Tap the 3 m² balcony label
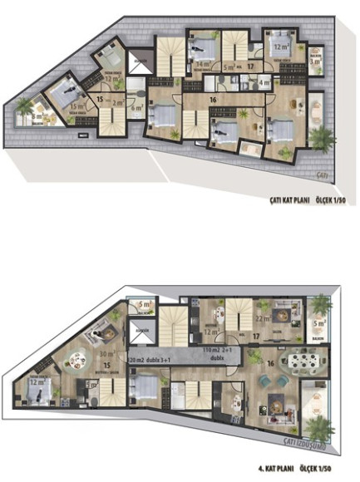tap(315, 61)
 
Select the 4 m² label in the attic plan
tap(264, 83)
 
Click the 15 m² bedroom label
tap(55, 106)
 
